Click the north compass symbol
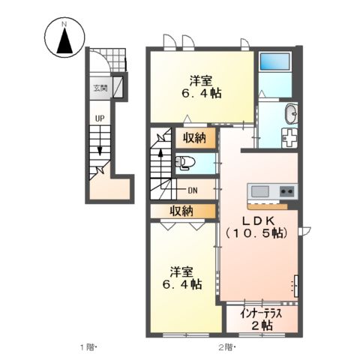[x=64, y=40]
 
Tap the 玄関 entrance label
[x=100, y=88]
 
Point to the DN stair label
[x=193, y=190]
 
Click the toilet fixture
[x=184, y=162]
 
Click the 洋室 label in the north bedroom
[x=200, y=81]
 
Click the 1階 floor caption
[x=88, y=347]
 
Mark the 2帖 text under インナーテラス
[x=261, y=325]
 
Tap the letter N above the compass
[x=64, y=25]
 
